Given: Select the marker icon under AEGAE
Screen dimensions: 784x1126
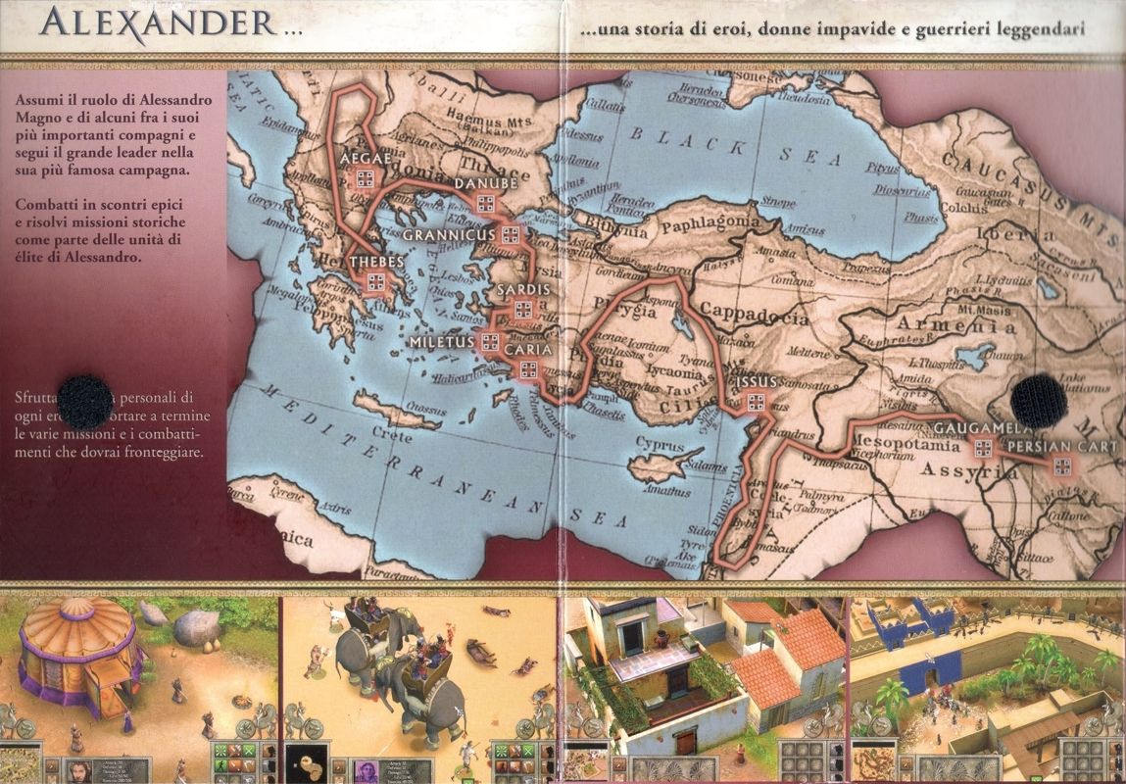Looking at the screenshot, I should pyautogui.click(x=365, y=177).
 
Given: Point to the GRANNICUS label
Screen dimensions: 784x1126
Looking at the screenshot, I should pyautogui.click(x=449, y=235).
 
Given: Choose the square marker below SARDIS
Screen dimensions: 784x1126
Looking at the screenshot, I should pyautogui.click(x=523, y=311).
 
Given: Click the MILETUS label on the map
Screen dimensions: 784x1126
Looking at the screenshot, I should pyautogui.click(x=442, y=341).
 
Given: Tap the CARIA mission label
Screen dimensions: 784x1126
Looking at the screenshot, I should pyautogui.click(x=529, y=349).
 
